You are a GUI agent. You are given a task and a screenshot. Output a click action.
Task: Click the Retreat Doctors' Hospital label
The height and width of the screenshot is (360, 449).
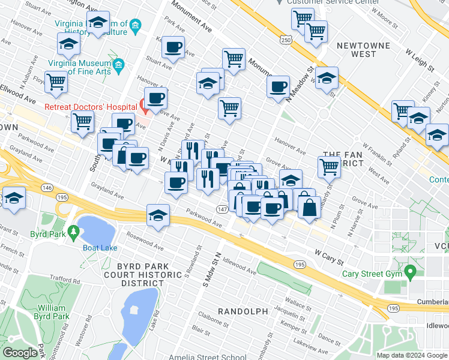click(91, 107)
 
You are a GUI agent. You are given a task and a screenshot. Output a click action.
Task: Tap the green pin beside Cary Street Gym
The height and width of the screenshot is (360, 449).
click(411, 274)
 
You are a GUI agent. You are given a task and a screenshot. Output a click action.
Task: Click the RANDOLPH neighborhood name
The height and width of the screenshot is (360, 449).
click(242, 311)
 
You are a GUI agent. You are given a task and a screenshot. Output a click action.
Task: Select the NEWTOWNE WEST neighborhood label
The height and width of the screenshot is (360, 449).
click(356, 50)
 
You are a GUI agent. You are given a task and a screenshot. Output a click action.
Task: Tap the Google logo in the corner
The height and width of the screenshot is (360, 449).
click(20, 353)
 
